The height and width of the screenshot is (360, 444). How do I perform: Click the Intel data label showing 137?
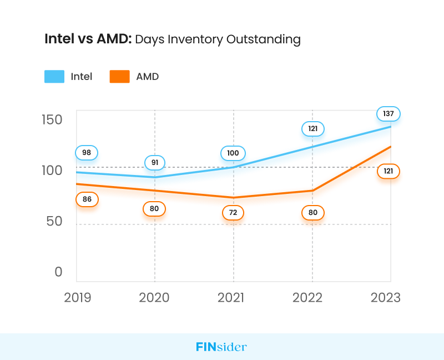click(x=389, y=114)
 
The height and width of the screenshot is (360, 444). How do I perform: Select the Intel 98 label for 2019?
click(x=87, y=153)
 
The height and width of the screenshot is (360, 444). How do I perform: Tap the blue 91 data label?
click(x=155, y=163)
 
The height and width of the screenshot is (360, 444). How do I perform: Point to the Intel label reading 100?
click(x=233, y=153)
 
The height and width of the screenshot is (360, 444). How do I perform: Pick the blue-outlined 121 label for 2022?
click(x=312, y=129)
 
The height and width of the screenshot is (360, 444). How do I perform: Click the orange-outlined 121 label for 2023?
click(x=389, y=171)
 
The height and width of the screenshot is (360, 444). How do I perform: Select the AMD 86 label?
click(x=87, y=199)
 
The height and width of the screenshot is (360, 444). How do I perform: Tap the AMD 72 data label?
click(x=233, y=213)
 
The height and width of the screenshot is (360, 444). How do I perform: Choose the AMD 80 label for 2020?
click(x=154, y=209)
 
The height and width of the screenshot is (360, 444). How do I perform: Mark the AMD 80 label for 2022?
click(x=312, y=213)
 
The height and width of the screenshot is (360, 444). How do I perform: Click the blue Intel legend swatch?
click(x=54, y=77)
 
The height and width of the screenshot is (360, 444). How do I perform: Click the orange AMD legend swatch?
click(x=120, y=77)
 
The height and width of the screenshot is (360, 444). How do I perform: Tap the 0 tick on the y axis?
click(x=58, y=272)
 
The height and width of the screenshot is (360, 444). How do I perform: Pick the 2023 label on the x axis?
click(x=385, y=297)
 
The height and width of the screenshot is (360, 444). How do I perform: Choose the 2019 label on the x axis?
click(x=78, y=297)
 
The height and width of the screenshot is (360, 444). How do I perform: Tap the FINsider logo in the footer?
click(x=221, y=347)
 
